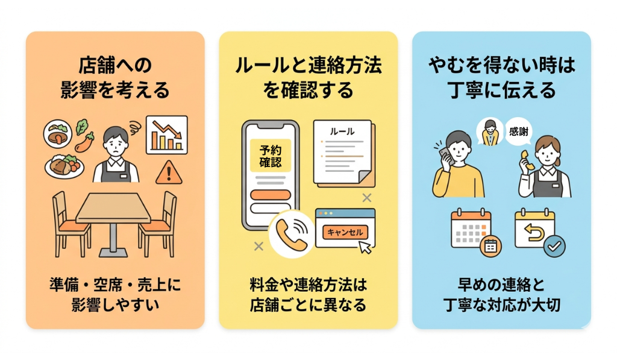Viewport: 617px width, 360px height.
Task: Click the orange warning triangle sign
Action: click(169, 173)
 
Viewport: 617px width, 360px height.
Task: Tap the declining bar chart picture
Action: click(167, 134)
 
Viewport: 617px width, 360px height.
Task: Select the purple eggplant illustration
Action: click(84, 142)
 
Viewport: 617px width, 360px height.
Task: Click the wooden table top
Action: click(113, 207)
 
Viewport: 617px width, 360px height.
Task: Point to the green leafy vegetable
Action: click(82, 127)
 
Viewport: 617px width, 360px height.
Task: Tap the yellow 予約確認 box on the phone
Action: click(271, 156)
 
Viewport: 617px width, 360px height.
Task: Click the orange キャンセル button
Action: click(345, 232)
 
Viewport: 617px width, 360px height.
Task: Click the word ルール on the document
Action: click(342, 131)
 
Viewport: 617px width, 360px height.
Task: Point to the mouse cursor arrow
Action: click(365, 247)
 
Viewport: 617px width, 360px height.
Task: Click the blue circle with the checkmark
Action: click(554, 247)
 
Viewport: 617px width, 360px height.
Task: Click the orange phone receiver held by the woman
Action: click(527, 160)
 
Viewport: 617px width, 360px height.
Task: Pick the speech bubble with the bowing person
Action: click(490, 132)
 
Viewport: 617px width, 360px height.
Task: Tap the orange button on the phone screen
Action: click(271, 195)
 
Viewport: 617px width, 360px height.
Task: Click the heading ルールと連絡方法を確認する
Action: click(308, 78)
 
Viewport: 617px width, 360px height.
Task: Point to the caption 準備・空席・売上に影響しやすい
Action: click(115, 295)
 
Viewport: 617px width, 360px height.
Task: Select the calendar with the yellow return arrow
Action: click(535, 229)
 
